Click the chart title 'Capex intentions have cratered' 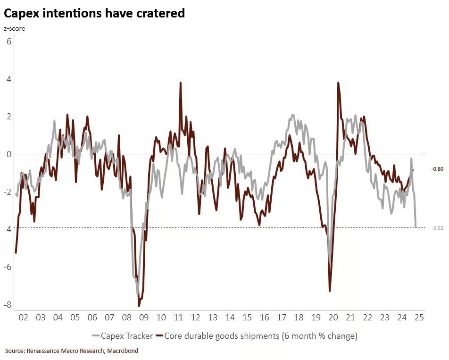(94, 13)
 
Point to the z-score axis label (15, 29)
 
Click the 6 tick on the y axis (8, 41)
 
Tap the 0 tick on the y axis (8, 154)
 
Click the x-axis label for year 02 (23, 318)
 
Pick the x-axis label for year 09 (144, 318)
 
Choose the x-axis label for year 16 (264, 318)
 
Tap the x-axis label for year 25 (419, 318)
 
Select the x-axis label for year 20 (333, 318)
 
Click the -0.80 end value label (437, 169)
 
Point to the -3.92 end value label (437, 228)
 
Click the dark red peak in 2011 (181, 83)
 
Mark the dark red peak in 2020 (338, 83)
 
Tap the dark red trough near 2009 (139, 306)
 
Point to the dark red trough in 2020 (330, 291)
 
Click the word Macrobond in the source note (123, 351)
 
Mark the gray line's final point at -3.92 (416, 227)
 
